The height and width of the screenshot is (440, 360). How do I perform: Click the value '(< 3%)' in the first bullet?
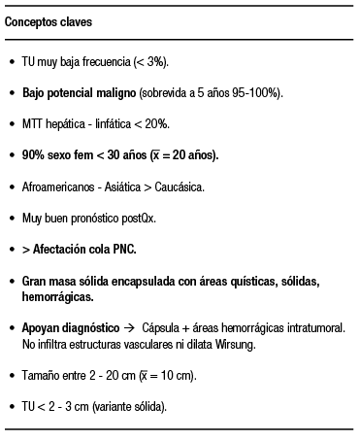point(149,61)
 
